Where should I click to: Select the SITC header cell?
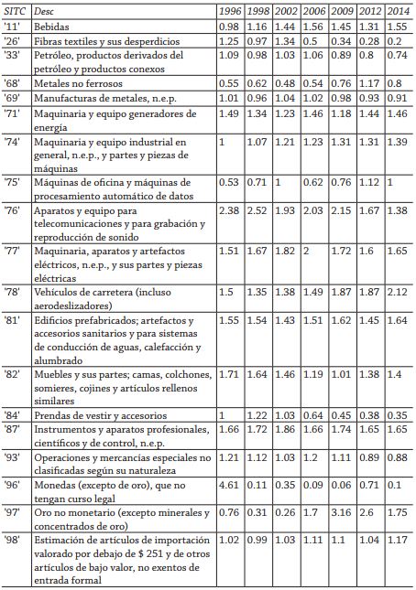(14, 13)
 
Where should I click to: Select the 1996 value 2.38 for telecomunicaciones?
(229, 210)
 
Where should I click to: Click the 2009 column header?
(341, 13)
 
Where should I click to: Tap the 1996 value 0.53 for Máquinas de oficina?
(229, 181)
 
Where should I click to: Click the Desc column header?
(43, 13)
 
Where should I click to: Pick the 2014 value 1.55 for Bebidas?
(399, 27)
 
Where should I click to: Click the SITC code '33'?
(13, 56)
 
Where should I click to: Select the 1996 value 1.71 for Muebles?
(229, 375)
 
